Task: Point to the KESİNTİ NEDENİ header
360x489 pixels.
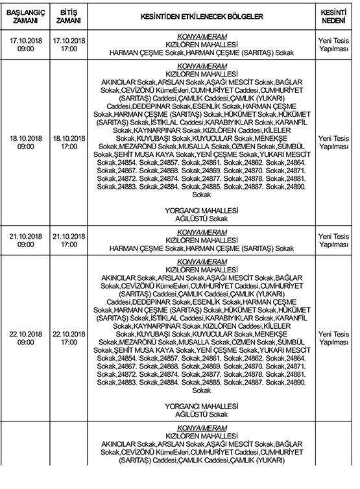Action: click(335, 16)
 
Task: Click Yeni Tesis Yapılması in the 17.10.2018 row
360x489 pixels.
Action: click(335, 44)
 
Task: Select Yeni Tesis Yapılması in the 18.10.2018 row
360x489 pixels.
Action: click(335, 142)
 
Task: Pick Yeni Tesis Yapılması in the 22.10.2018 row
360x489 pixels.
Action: click(335, 337)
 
